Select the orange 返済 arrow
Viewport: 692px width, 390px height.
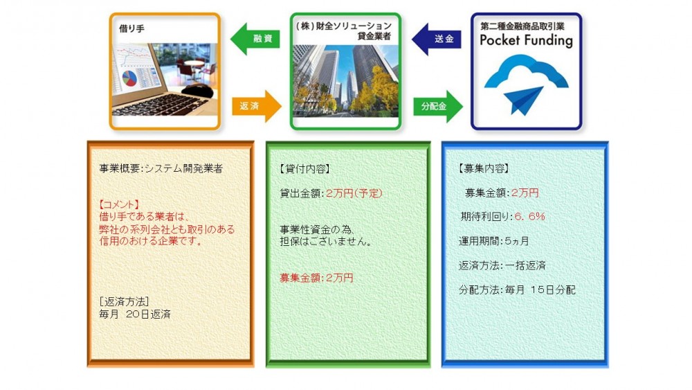pos(257,106)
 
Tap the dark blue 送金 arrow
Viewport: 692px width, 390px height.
pos(437,39)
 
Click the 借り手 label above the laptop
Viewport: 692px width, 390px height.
pos(131,28)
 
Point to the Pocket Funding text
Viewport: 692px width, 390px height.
pos(526,41)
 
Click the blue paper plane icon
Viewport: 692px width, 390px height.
pos(523,100)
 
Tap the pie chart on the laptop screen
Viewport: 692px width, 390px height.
pos(129,78)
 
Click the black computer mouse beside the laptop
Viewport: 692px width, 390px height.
pos(197,91)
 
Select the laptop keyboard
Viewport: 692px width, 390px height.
pos(161,104)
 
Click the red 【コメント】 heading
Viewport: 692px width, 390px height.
pos(119,204)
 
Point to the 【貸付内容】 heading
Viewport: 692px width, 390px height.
pos(304,169)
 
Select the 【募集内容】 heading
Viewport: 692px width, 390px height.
pos(484,168)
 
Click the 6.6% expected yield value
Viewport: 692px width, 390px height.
pos(529,216)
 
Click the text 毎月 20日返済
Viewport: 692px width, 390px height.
pos(135,314)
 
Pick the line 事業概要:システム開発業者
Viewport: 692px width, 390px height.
pos(161,169)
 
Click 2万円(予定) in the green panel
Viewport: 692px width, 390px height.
pos(354,193)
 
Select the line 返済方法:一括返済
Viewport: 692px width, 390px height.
pos(502,265)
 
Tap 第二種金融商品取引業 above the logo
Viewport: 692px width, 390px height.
pos(522,26)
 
